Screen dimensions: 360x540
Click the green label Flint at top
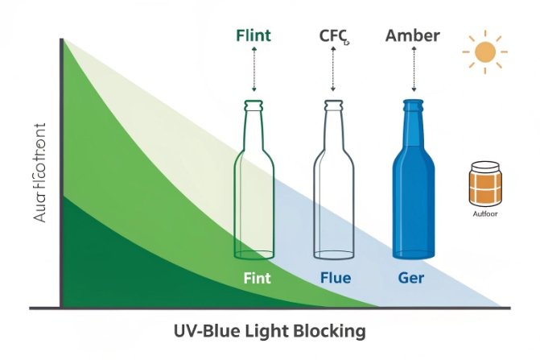tap(254, 35)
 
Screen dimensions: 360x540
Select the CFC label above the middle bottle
tap(333, 35)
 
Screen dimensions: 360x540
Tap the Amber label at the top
tap(412, 35)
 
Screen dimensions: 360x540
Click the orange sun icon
tap(484, 52)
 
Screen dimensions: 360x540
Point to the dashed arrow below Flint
tap(254, 70)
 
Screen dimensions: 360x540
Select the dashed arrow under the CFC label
tap(333, 70)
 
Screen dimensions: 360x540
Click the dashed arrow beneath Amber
tap(413, 70)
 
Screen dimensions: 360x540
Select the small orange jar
tap(484, 184)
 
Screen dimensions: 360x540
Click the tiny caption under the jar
tap(484, 215)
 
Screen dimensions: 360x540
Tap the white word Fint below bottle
tap(257, 279)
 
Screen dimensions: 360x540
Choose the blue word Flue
tap(334, 279)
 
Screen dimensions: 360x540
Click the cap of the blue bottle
tap(413, 105)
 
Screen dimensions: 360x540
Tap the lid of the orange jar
tap(484, 165)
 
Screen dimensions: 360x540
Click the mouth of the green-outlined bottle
tap(254, 104)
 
